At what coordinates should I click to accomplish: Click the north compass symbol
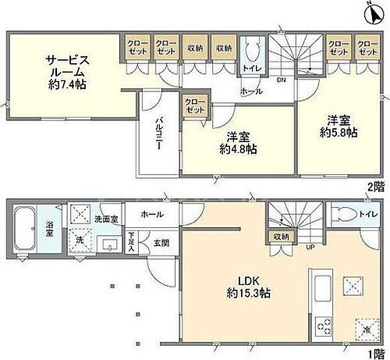[x=370, y=12]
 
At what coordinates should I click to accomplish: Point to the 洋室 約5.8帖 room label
[x=339, y=127]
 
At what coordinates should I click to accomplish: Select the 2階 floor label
[x=377, y=187]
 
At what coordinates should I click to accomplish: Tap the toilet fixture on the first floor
[x=346, y=216]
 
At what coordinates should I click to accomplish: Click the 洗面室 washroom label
[x=106, y=219]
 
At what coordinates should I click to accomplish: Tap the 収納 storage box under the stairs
[x=280, y=236]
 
